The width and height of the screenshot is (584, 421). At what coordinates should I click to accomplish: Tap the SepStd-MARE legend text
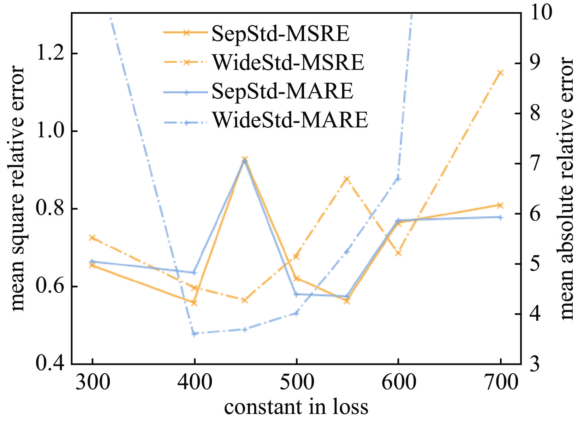click(x=282, y=91)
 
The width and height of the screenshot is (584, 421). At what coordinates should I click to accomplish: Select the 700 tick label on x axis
click(x=500, y=382)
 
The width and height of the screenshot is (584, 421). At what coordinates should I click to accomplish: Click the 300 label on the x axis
click(x=93, y=382)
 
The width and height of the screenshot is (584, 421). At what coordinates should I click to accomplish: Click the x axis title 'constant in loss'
click(x=296, y=407)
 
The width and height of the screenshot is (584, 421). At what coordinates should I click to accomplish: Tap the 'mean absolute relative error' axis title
click(x=567, y=188)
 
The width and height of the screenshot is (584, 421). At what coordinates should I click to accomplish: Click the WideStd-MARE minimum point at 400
click(x=194, y=333)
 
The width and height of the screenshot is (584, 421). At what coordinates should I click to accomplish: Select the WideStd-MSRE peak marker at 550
click(x=347, y=179)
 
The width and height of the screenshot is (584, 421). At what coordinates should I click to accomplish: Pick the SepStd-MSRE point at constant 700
click(x=500, y=205)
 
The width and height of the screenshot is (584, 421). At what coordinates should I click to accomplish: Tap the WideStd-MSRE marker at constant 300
click(x=93, y=237)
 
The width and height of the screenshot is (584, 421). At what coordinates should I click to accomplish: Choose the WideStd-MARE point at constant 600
click(x=398, y=179)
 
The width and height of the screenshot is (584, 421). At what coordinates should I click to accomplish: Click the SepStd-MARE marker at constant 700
click(x=500, y=217)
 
